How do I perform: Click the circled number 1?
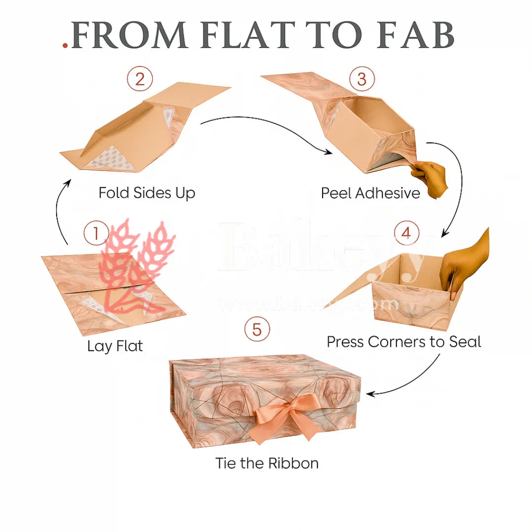click(96, 233)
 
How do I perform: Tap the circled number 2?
click(140, 79)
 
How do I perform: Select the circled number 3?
click(362, 79)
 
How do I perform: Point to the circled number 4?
click(406, 233)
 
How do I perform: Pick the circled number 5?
click(257, 329)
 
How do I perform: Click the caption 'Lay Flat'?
click(115, 346)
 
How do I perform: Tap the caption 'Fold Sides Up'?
click(147, 193)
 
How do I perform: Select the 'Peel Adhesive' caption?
click(370, 193)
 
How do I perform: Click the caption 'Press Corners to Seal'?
click(404, 341)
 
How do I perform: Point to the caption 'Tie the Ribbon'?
click(267, 463)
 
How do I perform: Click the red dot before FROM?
click(65, 46)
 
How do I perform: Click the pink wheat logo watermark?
click(135, 266)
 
